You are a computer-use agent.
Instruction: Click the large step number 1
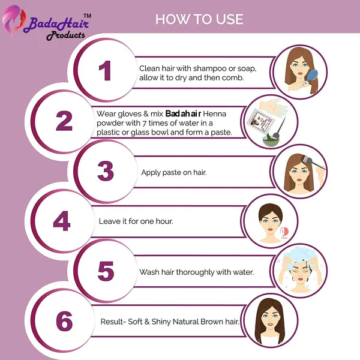click(x=105, y=70)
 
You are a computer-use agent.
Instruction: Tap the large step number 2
click(x=64, y=121)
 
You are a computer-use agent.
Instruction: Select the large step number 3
click(x=106, y=171)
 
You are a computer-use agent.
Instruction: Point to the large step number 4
click(x=62, y=221)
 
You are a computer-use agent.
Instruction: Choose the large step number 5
click(x=106, y=271)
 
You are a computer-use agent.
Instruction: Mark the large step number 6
click(x=64, y=321)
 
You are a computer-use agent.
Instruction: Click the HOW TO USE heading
click(x=199, y=19)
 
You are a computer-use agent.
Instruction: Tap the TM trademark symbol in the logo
click(x=87, y=16)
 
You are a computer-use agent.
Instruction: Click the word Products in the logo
click(x=65, y=35)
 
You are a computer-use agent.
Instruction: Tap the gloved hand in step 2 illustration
click(x=272, y=107)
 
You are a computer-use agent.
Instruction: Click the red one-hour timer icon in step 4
click(x=284, y=232)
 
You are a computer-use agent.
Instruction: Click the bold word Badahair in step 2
click(x=183, y=113)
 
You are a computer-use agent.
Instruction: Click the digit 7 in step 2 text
click(x=144, y=123)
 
